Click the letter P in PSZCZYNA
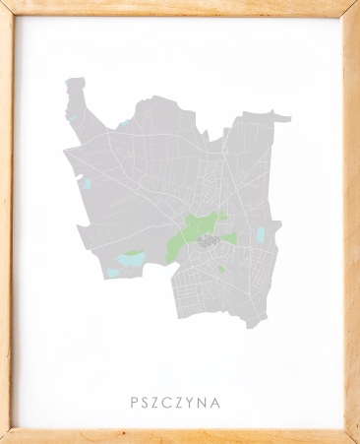pos(134,402)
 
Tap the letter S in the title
pos(147,402)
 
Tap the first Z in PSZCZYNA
pos(158,402)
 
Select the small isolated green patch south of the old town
pos(222,268)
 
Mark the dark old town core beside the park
pos(208,239)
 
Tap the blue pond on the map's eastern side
pos(261,234)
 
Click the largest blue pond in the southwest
pos(129,258)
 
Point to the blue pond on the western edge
pos(87,183)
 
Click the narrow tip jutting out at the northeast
pos(286,118)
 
